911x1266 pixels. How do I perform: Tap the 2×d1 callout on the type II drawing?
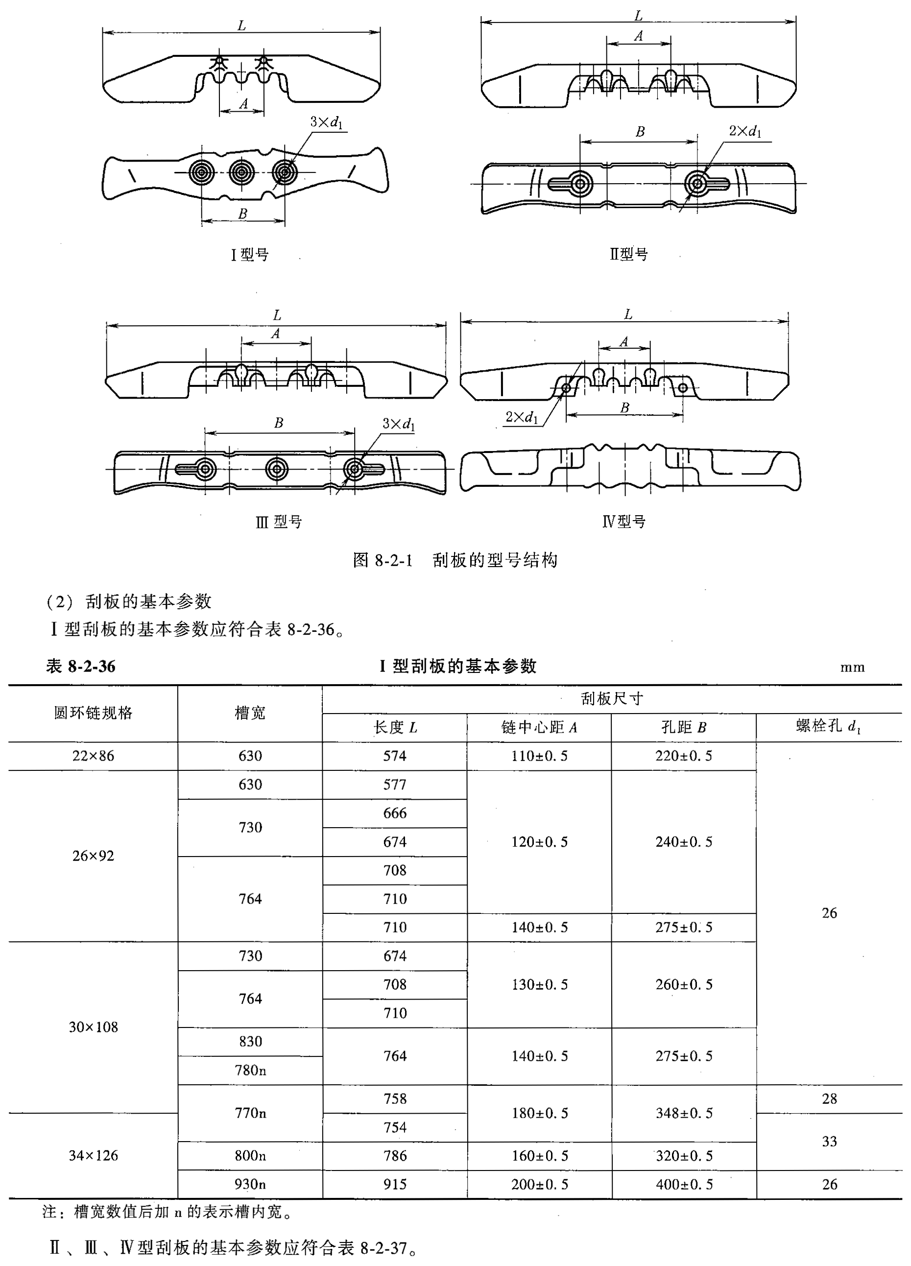pyautogui.click(x=744, y=132)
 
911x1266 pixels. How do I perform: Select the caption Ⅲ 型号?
pyautogui.click(x=279, y=522)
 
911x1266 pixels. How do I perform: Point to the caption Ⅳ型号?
pyautogui.click(x=624, y=522)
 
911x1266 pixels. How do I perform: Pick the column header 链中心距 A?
pyautogui.click(x=539, y=727)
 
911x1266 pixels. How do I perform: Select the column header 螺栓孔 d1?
pyautogui.click(x=828, y=726)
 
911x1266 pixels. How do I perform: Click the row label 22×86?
pyautogui.click(x=93, y=756)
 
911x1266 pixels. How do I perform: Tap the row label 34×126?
pyautogui.click(x=93, y=1155)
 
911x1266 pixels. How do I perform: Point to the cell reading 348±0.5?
pyautogui.click(x=684, y=1113)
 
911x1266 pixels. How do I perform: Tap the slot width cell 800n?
pyautogui.click(x=250, y=1155)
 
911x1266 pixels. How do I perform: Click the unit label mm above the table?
pyautogui.click(x=852, y=668)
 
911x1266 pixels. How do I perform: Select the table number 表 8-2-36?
pyautogui.click(x=81, y=667)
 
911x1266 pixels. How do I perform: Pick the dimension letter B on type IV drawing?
pyautogui.click(x=624, y=408)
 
